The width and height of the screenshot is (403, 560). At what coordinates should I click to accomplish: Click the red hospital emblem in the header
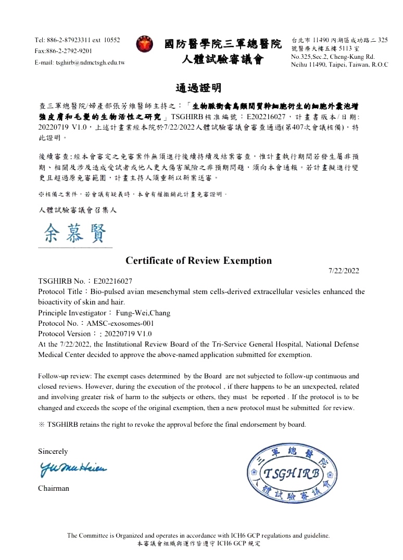coord(145,44)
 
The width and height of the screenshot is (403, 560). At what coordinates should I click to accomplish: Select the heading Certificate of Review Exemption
coord(198,260)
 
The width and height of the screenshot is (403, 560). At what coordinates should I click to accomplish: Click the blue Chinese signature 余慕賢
coord(75,234)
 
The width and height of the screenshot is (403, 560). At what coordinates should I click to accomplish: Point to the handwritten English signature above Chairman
coord(72,469)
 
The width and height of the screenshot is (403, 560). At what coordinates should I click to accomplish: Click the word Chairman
coord(53,488)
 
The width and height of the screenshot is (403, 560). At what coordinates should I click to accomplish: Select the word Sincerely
coord(53,451)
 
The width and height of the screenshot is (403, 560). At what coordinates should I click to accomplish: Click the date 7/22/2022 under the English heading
coord(344,271)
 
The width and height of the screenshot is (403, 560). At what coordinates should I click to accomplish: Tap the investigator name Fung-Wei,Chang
coord(143,313)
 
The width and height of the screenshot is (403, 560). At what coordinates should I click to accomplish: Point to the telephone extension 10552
coord(112,40)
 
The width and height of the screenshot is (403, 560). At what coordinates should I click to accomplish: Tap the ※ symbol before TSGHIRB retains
coord(42,424)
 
